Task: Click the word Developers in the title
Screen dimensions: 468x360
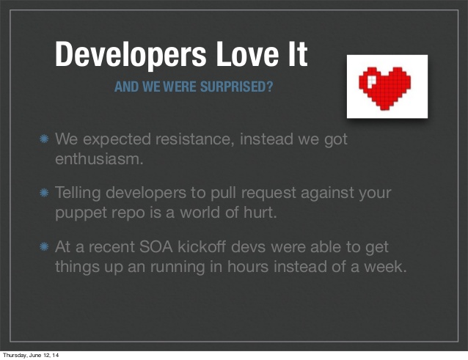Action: (x=131, y=55)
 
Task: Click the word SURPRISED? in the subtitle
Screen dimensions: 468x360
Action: (x=236, y=87)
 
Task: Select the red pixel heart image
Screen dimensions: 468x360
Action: (x=387, y=87)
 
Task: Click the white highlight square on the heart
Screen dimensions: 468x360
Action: (x=372, y=81)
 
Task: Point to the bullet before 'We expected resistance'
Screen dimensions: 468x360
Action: (x=44, y=139)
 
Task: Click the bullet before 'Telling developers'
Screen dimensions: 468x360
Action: (x=44, y=192)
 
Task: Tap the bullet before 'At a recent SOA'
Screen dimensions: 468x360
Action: (x=44, y=246)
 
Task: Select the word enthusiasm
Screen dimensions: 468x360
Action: (x=99, y=158)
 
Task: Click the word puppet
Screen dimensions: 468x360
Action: (x=81, y=213)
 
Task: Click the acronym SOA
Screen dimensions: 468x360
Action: (x=156, y=247)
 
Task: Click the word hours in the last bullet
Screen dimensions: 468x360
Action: (x=248, y=266)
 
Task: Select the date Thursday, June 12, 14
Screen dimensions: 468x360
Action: (x=31, y=355)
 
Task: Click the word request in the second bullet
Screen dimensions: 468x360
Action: (x=268, y=194)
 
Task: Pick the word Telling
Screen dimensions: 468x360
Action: (x=78, y=194)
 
